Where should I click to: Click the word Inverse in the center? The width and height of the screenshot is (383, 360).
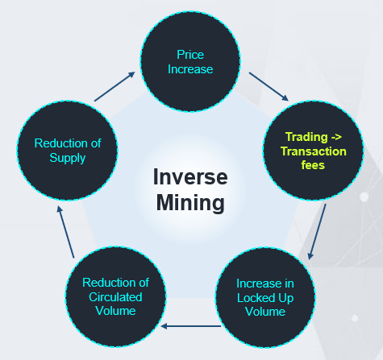190,177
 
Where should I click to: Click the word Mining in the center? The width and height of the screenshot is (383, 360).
190,203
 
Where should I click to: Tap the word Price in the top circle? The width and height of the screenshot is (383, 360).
190,55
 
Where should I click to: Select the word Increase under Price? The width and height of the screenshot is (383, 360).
190,69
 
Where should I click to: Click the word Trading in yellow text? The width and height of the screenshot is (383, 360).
306,137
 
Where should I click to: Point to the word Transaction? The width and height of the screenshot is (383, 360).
314,151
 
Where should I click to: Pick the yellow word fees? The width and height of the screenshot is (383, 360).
313,165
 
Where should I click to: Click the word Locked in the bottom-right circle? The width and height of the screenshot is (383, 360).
256,298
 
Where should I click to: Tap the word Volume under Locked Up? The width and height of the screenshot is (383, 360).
265,312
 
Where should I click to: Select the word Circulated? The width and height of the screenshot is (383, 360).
115,297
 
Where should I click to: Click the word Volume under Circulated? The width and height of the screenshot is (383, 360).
115,311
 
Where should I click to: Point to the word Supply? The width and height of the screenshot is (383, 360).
68,158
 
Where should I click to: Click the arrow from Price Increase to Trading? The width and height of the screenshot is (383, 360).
269,86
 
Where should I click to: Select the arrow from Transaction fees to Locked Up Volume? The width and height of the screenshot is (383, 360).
318,232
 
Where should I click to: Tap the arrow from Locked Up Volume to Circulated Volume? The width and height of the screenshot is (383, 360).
191,326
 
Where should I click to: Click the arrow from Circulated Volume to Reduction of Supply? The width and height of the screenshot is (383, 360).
65,232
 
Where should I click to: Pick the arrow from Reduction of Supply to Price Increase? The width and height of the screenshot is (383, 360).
114,86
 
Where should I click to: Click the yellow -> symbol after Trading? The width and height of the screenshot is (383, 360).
336,137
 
